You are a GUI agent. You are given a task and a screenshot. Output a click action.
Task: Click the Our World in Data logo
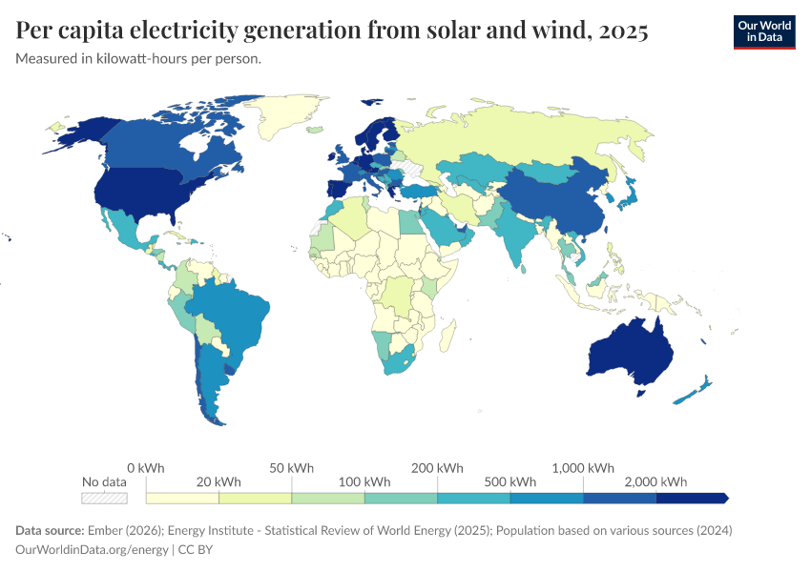[x=763, y=31]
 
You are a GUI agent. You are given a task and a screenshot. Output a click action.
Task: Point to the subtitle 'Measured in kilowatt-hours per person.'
[x=138, y=59]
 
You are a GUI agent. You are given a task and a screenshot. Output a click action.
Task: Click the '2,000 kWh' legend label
[x=656, y=481]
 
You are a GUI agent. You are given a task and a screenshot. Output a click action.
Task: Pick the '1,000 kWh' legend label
[x=583, y=468]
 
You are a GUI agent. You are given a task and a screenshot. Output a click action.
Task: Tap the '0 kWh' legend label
[x=146, y=468]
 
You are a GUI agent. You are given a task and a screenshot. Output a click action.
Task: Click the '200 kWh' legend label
[x=437, y=468]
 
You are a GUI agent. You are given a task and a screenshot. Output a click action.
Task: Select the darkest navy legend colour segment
[x=691, y=498]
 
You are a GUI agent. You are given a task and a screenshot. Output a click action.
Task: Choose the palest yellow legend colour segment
[x=182, y=498]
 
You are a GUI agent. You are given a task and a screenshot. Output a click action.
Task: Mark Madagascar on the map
[x=445, y=335]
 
